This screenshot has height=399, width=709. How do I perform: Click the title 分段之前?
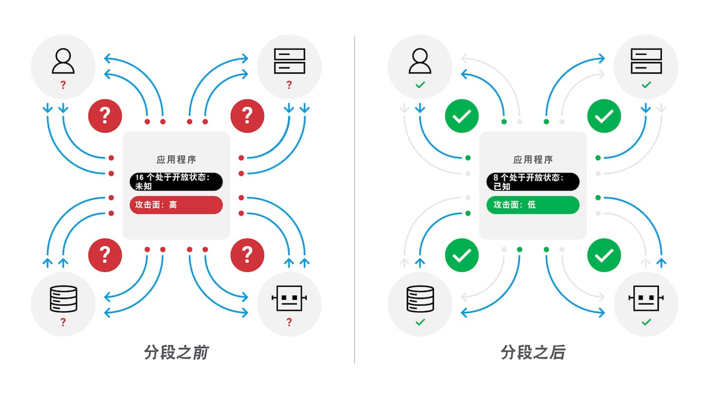pyautogui.click(x=176, y=353)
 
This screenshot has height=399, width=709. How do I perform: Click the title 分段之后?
pyautogui.click(x=533, y=353)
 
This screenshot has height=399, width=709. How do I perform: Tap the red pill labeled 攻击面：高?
pyautogui.click(x=176, y=205)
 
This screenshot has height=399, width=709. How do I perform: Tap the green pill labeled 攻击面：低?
pyautogui.click(x=533, y=205)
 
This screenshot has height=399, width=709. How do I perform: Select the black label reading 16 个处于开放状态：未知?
pyautogui.click(x=176, y=182)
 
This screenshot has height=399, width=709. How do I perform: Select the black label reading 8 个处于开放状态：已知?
pyautogui.click(x=533, y=182)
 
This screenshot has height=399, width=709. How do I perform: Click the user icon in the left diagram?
pyautogui.click(x=63, y=61)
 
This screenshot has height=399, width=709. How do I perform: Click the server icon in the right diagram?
pyautogui.click(x=646, y=61)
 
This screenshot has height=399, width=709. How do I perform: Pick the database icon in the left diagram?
pyautogui.click(x=63, y=299)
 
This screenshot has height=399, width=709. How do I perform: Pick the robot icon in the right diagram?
pyautogui.click(x=646, y=299)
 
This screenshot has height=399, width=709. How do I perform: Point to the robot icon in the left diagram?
pyautogui.click(x=289, y=299)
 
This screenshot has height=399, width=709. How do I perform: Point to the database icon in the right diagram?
pyautogui.click(x=420, y=299)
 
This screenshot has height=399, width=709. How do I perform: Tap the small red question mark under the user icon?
pyautogui.click(x=63, y=85)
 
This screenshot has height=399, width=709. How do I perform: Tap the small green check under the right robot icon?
pyautogui.click(x=646, y=322)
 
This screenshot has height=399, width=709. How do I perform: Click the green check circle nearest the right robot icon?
pyautogui.click(x=604, y=255)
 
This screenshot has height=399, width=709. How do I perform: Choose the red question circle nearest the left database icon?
pyautogui.click(x=105, y=255)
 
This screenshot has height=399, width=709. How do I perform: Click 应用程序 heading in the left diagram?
pyautogui.click(x=176, y=160)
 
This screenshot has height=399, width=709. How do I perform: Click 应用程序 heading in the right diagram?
pyautogui.click(x=533, y=160)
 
